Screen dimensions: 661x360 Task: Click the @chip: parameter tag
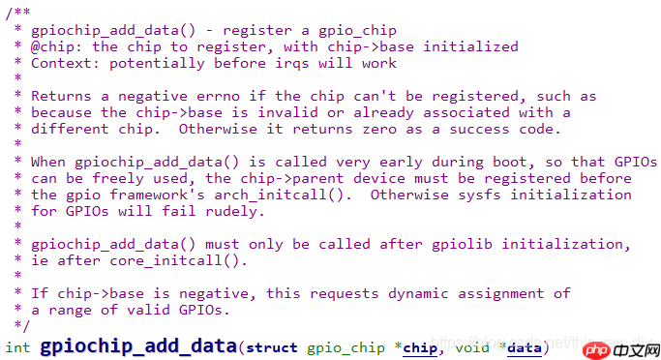(x=56, y=46)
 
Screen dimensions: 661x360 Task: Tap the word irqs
(x=291, y=64)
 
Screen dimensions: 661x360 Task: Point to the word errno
(x=218, y=97)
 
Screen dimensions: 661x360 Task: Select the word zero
(x=379, y=130)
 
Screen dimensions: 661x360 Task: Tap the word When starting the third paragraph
(x=48, y=162)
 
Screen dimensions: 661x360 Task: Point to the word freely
(x=118, y=179)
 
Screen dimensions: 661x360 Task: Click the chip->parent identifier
(x=291, y=179)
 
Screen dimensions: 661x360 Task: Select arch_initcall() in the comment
(x=283, y=195)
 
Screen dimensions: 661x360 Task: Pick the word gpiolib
(x=462, y=245)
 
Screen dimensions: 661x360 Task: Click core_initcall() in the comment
(x=178, y=261)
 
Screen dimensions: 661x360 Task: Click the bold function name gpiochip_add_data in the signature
(x=138, y=346)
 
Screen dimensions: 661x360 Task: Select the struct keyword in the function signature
(x=272, y=347)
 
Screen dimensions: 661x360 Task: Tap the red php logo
(x=596, y=350)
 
